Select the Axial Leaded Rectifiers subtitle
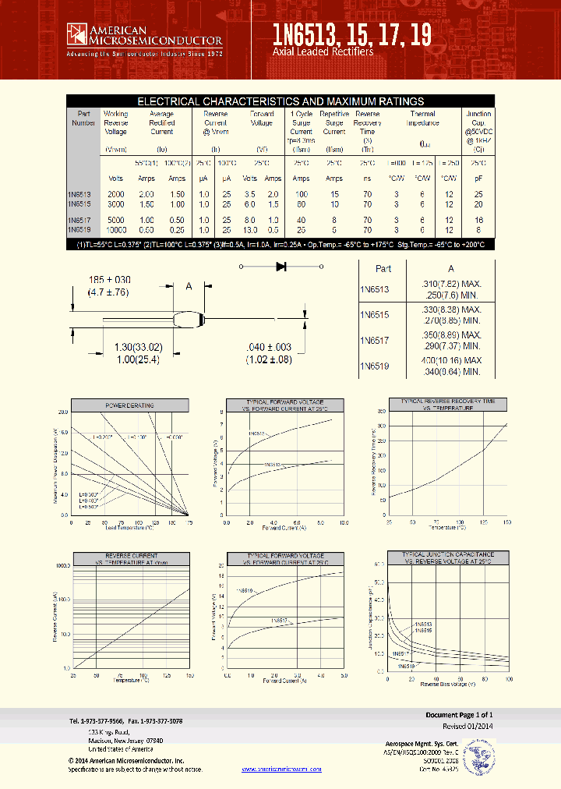[323, 51]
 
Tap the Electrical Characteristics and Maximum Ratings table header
[280, 101]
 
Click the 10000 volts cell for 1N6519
[116, 230]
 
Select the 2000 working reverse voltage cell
[115, 193]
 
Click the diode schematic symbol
[281, 267]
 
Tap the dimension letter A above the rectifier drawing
[188, 286]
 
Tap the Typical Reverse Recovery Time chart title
[448, 405]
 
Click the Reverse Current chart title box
[131, 560]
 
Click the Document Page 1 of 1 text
[459, 715]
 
